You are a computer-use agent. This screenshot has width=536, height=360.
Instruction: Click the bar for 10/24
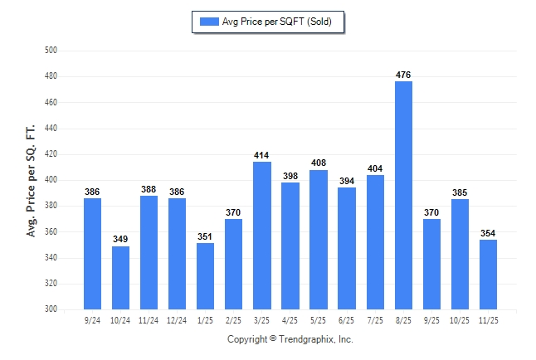click(x=121, y=277)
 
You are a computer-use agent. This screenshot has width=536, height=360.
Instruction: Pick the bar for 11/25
click(x=488, y=274)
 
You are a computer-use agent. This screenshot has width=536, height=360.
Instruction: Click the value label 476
click(x=403, y=75)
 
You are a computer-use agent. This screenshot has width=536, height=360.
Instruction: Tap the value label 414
click(x=262, y=156)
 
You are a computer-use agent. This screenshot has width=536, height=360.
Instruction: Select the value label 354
click(x=488, y=234)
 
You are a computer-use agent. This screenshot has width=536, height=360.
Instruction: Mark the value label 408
click(x=319, y=163)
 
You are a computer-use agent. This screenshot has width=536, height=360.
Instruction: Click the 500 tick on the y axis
click(x=50, y=51)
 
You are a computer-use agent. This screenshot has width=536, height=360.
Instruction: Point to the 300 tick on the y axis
click(x=50, y=309)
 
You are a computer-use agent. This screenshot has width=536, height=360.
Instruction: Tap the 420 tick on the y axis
click(x=50, y=154)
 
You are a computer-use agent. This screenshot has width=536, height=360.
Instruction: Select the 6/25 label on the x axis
click(x=347, y=320)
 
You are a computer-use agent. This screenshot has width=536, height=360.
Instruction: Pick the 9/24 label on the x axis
click(x=93, y=320)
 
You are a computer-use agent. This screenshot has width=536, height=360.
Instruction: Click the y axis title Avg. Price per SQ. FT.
click(x=31, y=180)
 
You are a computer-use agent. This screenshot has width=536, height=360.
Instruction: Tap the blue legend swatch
click(x=209, y=22)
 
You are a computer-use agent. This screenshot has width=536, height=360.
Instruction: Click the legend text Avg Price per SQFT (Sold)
click(x=277, y=22)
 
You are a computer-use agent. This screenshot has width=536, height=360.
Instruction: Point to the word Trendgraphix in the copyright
click(x=308, y=339)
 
